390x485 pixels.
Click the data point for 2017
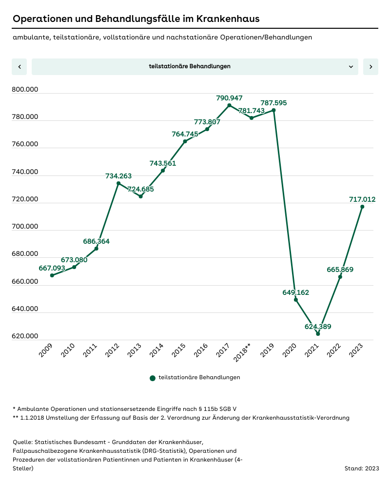229,105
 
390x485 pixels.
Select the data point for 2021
318,334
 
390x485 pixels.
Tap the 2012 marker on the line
118,183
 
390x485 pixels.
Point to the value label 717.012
362,199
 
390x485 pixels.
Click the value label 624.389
317,327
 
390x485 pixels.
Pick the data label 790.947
229,98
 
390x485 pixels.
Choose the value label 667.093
52,268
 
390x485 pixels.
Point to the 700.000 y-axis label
25,227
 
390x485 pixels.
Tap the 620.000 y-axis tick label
25,336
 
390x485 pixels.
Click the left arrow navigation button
19,67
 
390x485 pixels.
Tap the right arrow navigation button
370,67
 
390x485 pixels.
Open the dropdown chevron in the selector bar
351,67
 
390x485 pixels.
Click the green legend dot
153,378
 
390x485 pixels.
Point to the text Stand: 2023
361,468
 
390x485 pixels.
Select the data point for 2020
296,300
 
